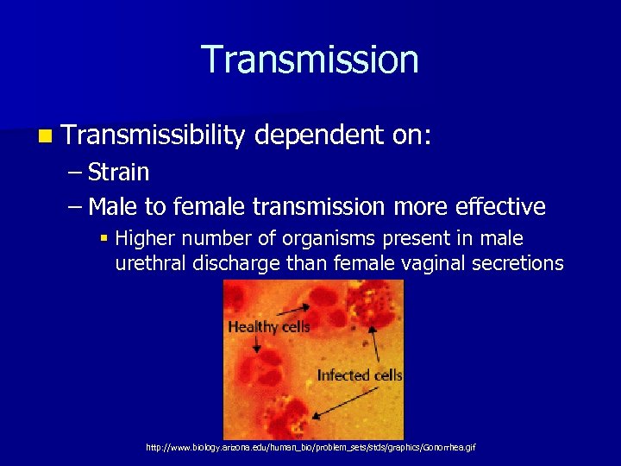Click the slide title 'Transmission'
(x=310, y=60)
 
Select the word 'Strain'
(x=118, y=173)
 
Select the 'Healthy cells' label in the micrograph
(x=268, y=327)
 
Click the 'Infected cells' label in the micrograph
(x=359, y=375)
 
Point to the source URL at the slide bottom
(x=310, y=447)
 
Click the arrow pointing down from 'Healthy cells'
(x=256, y=343)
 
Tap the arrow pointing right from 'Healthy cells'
(x=293, y=307)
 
